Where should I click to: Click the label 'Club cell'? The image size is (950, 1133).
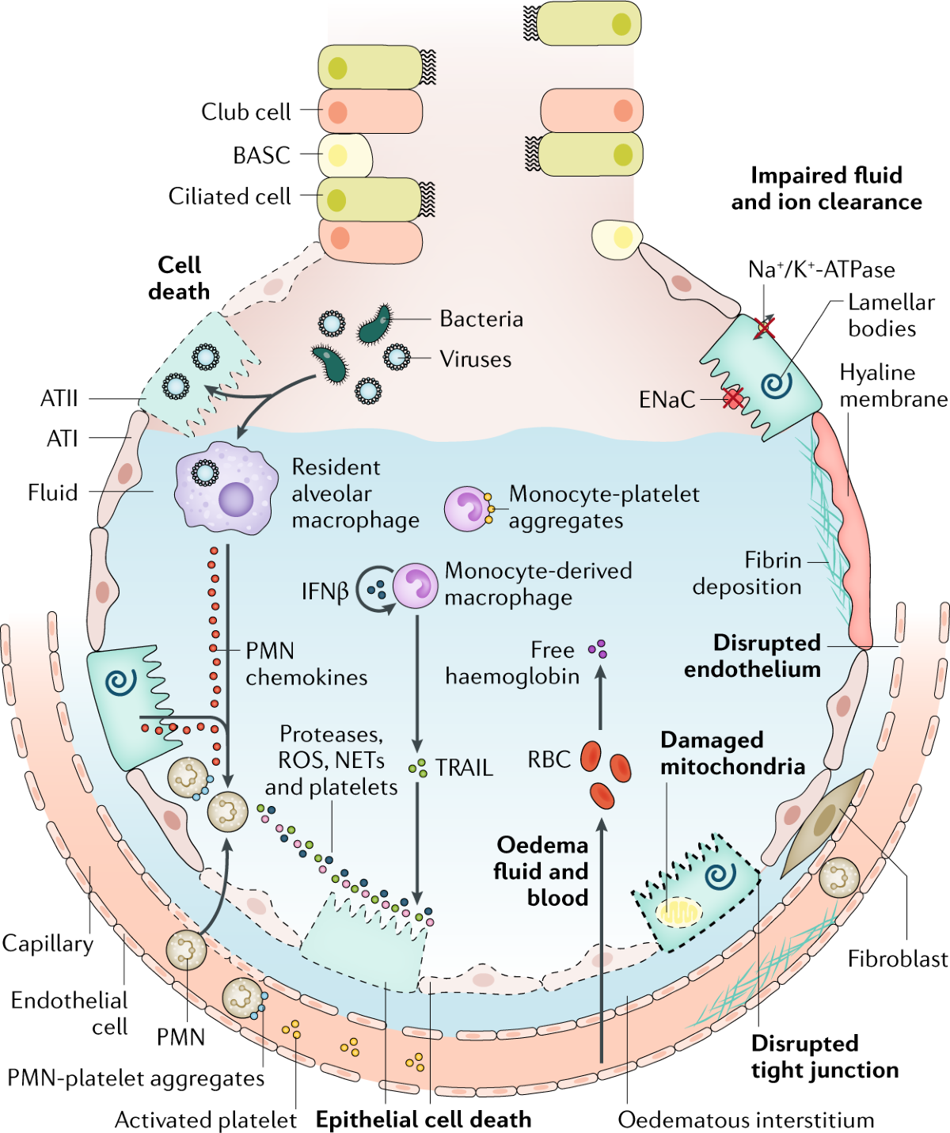pos(245,112)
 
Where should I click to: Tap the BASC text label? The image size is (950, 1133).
pos(261,155)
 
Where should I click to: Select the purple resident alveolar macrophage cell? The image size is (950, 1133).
pos(226,489)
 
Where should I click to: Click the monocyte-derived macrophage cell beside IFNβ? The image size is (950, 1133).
pos(416,586)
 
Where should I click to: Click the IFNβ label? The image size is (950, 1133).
pos(325,591)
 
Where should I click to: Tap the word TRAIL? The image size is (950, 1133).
pos(464,767)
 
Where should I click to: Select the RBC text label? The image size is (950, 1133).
pos(549,759)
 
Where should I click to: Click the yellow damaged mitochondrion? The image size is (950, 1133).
pos(679,912)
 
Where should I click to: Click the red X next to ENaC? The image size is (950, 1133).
pos(734,398)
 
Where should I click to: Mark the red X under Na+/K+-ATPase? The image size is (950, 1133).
pos(765,327)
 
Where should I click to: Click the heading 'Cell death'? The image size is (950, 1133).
pos(179,278)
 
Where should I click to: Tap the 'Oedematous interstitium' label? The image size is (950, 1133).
pos(746,1120)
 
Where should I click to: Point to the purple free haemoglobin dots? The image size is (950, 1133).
pos(598,649)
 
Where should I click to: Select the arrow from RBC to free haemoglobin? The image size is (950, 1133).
pos(600,697)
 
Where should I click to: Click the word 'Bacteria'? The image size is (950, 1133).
pos(481,319)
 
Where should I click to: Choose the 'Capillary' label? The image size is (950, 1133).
pos(47,943)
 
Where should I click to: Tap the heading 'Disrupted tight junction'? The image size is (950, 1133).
pos(824,1056)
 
